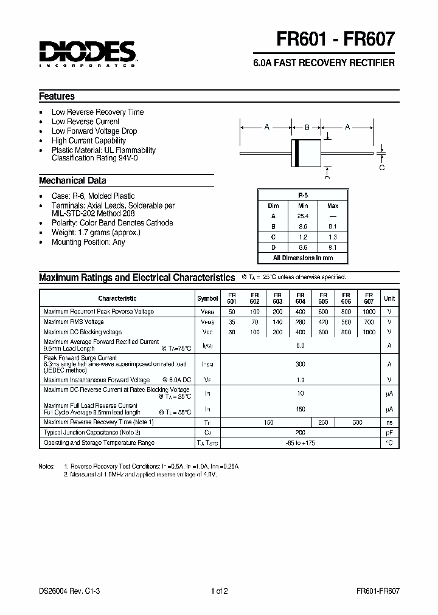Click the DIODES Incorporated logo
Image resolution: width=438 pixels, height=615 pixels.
coord(87,54)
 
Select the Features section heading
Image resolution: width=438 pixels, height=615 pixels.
coord(57,96)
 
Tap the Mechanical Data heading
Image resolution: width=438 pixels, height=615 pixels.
coord(72,180)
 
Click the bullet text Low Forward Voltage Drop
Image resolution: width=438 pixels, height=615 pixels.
coord(94,131)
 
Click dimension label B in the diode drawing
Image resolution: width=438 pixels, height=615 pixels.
coord(307,128)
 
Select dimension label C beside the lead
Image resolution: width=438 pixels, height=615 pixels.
coord(382,167)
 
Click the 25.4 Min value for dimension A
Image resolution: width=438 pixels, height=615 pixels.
coord(303,216)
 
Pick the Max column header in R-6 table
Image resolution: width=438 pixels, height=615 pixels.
coord(333,206)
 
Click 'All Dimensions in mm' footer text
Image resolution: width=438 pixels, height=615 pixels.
coord(303,258)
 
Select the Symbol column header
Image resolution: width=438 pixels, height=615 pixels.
coord(207,298)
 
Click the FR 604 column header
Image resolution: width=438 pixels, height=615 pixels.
coord(300,298)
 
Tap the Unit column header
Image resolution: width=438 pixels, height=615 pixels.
coord(389,298)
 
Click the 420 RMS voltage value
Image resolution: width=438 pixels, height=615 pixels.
coord(323,322)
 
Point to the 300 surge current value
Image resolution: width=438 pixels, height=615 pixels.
coord(300,364)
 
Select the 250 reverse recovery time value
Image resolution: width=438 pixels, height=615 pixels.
coord(323,422)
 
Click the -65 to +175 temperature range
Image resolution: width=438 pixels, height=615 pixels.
coord(300,443)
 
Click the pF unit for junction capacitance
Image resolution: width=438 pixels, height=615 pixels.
coord(389,432)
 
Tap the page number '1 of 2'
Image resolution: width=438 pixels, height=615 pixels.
coord(218,591)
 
